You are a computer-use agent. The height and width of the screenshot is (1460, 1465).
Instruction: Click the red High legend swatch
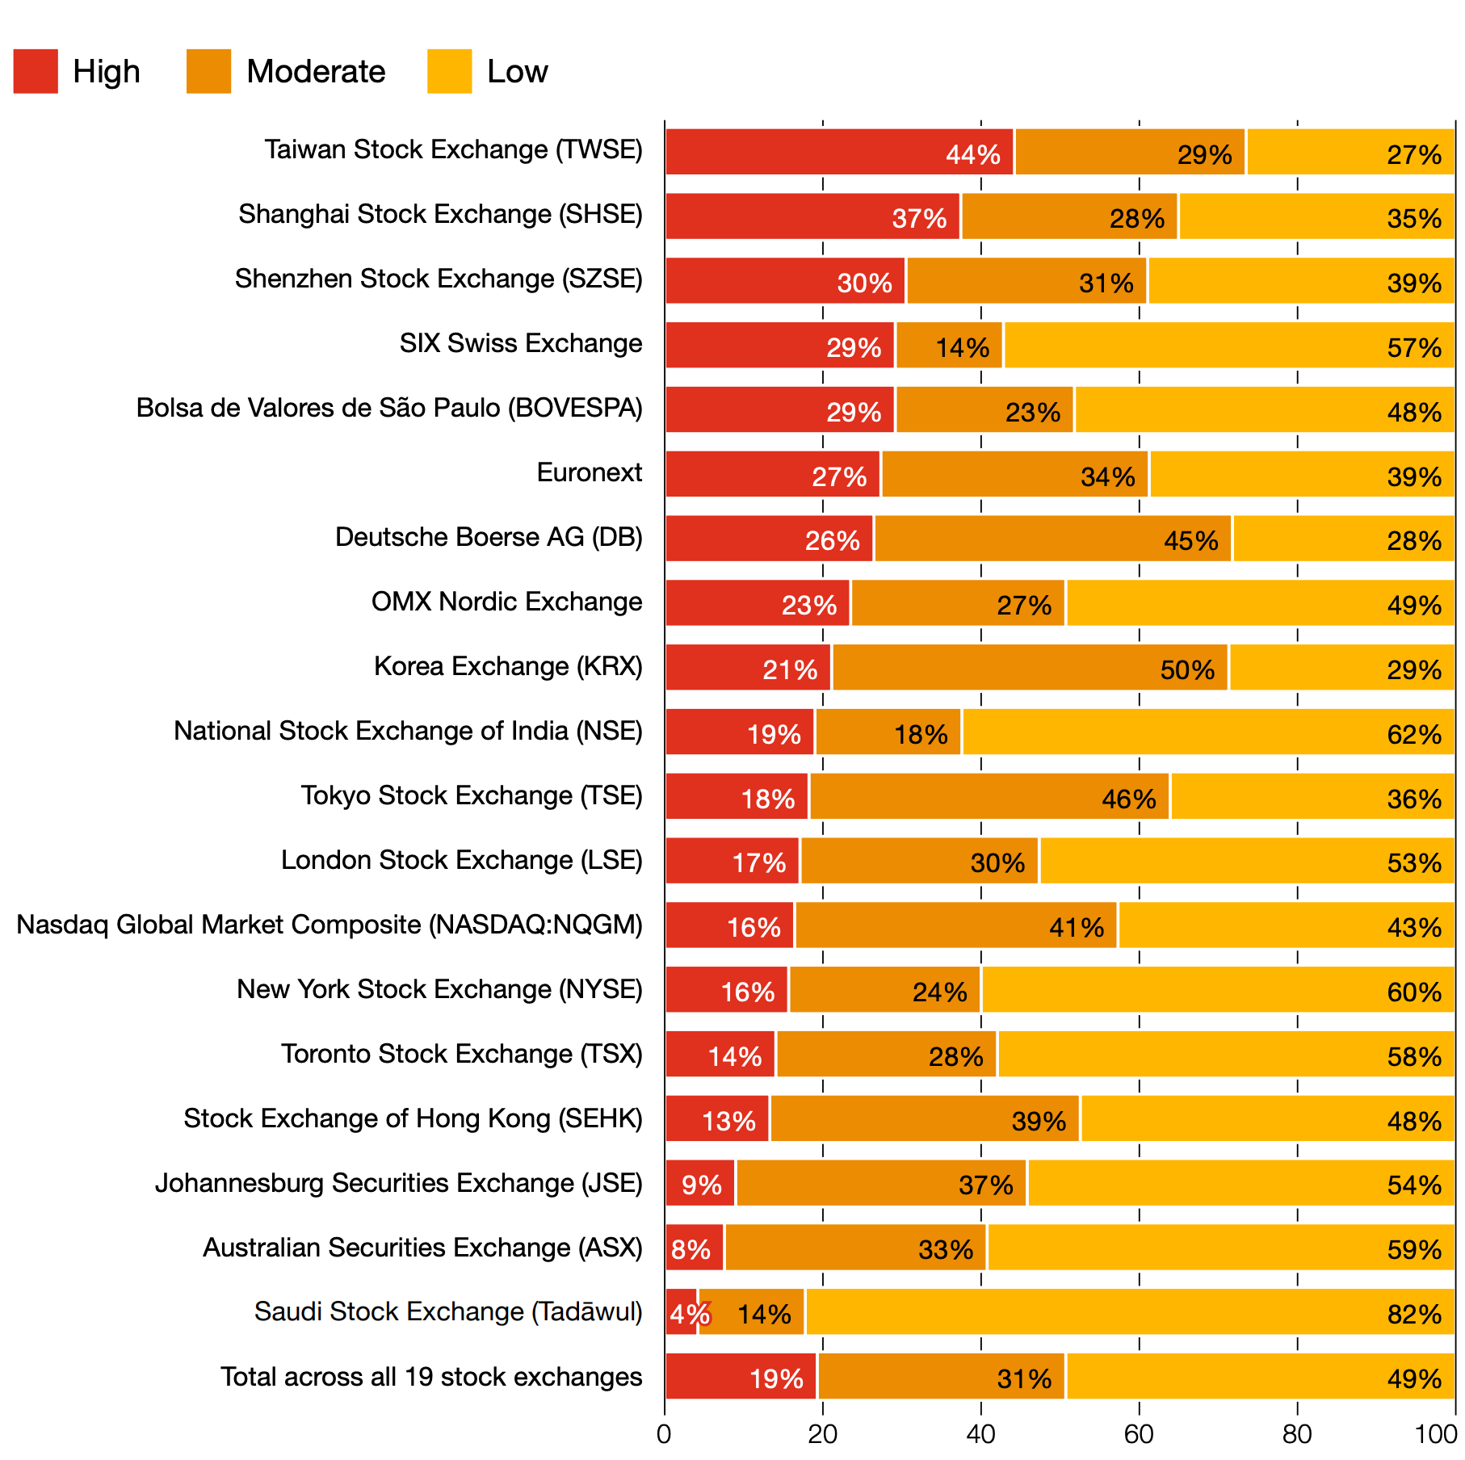[x=36, y=71]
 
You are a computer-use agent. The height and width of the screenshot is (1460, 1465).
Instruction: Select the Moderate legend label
[x=316, y=71]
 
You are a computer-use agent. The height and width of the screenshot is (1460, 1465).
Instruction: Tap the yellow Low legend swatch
[x=449, y=71]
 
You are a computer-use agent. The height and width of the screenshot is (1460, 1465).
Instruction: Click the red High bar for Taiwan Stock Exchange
[x=839, y=152]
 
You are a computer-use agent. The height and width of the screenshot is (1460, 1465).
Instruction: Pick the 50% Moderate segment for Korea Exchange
[x=1030, y=667]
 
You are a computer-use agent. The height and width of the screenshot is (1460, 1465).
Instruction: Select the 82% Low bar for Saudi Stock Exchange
[x=1130, y=1312]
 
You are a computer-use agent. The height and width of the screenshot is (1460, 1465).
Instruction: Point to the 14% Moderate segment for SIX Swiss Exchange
[x=949, y=346]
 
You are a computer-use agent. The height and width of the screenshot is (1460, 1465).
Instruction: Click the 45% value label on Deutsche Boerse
[x=1190, y=540]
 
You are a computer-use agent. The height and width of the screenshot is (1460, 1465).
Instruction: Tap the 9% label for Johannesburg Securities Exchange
[x=701, y=1185]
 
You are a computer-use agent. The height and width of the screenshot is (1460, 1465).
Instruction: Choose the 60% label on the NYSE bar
[x=1414, y=992]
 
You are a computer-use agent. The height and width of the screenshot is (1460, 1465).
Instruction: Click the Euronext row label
[x=590, y=472]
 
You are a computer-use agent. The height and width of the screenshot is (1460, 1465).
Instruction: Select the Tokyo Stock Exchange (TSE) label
[x=472, y=795]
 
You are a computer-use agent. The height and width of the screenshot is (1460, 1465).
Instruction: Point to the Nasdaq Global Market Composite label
[x=330, y=925]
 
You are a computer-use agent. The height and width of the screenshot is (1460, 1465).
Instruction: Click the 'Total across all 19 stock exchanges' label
[x=431, y=1377]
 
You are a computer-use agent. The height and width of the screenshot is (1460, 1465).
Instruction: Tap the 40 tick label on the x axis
[x=980, y=1434]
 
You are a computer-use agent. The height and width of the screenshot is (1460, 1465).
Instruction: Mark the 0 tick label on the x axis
[x=664, y=1434]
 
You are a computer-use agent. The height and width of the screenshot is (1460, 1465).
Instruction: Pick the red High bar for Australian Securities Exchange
[x=695, y=1248]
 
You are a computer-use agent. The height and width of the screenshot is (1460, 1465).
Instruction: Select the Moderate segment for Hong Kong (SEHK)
[x=925, y=1119]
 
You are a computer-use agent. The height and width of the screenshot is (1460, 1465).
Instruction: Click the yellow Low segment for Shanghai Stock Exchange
[x=1316, y=216]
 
